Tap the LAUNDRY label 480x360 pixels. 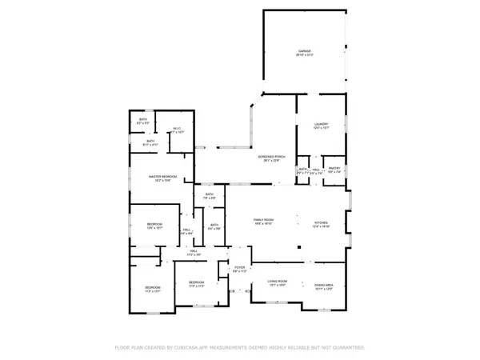321,124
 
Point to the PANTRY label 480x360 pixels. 335,168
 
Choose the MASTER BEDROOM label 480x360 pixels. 162,178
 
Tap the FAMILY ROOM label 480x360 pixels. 264,220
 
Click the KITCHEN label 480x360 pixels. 321,223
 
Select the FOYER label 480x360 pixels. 238,269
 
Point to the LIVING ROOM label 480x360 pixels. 277,282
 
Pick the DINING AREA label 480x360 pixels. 324,285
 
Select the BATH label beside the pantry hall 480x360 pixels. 303,169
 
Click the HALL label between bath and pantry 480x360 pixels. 316,169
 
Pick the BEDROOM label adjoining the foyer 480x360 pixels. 197,282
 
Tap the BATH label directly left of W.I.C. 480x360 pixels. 150,141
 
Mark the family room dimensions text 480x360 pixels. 264,224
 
